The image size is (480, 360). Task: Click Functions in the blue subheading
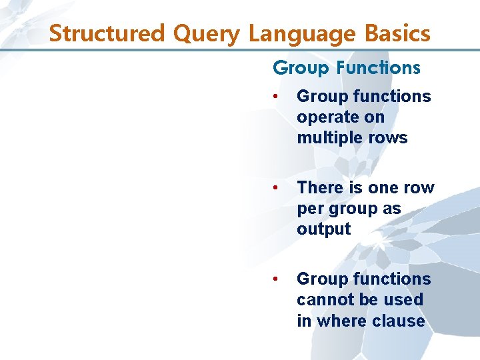pos(378,68)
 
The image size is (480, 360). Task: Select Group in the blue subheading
pos(301,68)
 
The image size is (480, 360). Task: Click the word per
pos(309,209)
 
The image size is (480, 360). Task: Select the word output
pos(323,229)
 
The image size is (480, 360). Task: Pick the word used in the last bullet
pos(403,300)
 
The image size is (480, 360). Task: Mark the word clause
pos(399,321)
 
